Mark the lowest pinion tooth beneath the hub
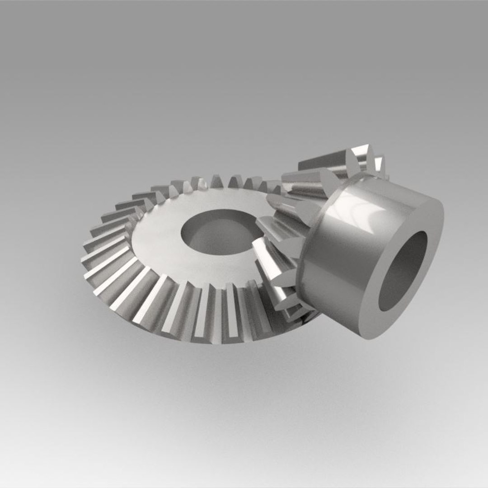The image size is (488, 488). [298, 312]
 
